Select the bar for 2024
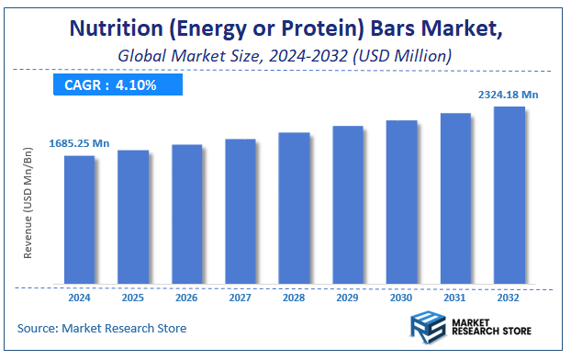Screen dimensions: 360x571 79,219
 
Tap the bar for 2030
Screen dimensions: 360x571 401,201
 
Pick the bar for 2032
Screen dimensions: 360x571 509,195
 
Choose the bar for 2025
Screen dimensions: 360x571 133,217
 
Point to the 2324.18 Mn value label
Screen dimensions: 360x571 510,94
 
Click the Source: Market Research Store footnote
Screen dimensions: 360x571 102,328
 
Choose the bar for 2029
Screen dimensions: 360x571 348,205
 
